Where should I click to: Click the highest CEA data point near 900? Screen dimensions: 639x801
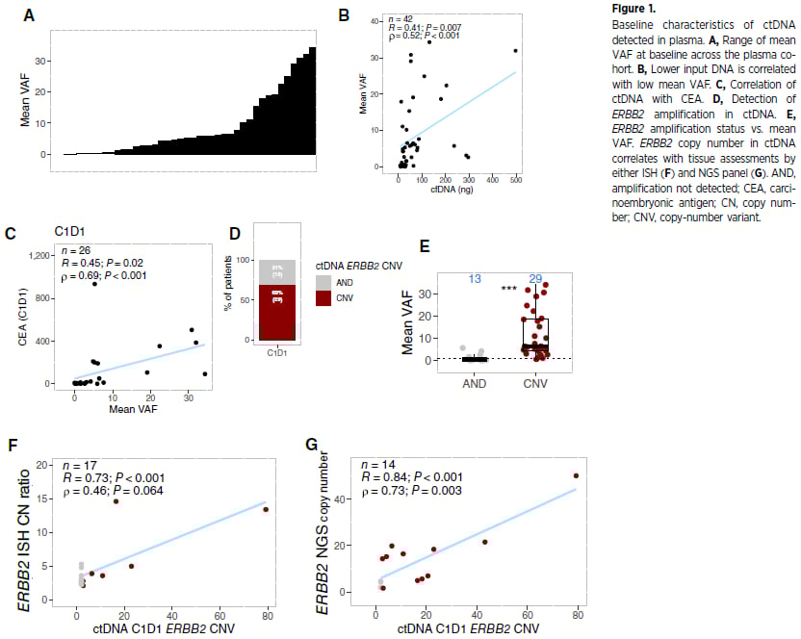(x=94, y=284)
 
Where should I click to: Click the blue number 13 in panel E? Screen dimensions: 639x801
(x=474, y=279)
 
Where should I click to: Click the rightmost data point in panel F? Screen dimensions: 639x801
(x=266, y=510)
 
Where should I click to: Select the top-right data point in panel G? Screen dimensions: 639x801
(x=576, y=475)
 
